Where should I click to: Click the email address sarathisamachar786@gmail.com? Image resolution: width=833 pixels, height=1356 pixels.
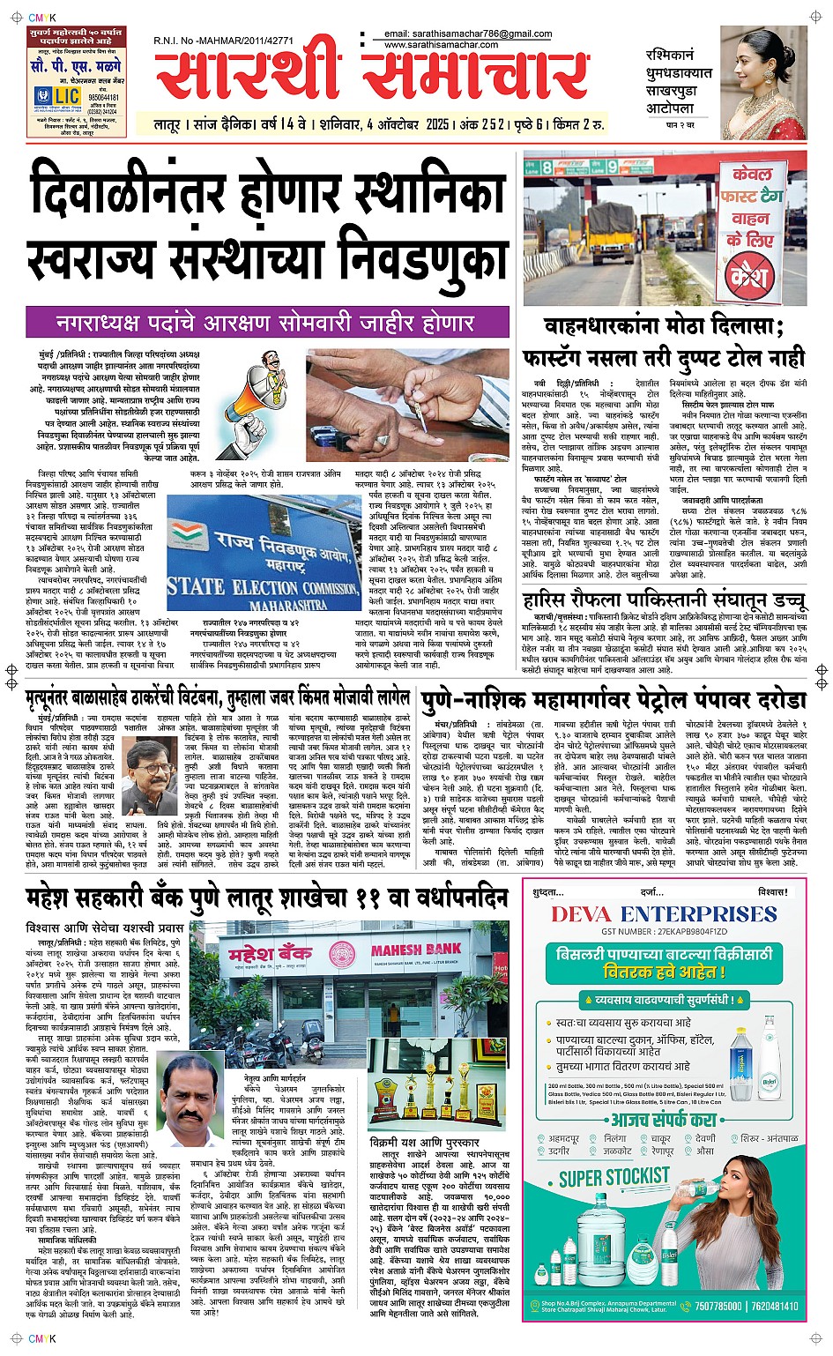pos(468,34)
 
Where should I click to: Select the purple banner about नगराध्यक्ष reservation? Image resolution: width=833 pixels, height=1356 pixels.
pos(266,323)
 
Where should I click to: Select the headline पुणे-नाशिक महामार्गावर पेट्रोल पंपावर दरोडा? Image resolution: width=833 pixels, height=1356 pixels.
pos(614,700)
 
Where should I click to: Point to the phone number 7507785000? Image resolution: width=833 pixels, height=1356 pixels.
pos(718,1306)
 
